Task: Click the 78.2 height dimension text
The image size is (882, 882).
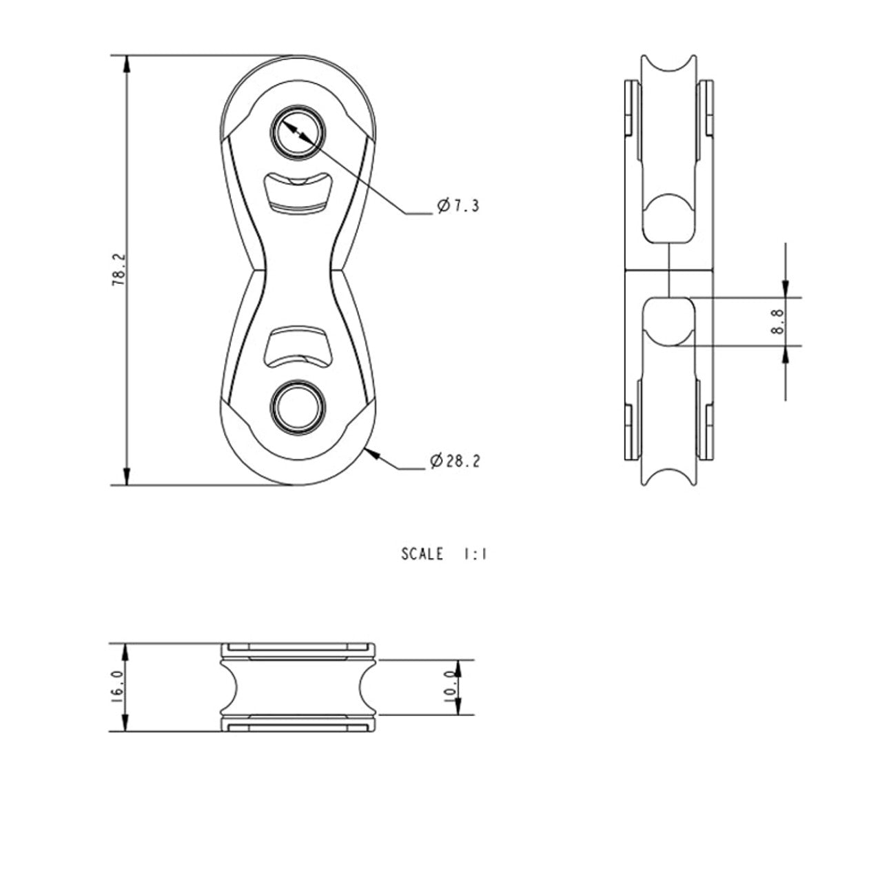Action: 118,269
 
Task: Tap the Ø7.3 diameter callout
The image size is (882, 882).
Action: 458,205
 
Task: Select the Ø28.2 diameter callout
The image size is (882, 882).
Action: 455,460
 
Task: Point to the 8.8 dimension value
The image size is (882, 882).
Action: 777,321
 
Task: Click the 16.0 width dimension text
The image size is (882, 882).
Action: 117,687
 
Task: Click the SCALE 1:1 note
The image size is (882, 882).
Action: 444,554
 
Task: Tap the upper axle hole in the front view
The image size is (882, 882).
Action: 298,133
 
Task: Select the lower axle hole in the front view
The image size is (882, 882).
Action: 298,407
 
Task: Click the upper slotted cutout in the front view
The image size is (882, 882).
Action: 298,193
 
